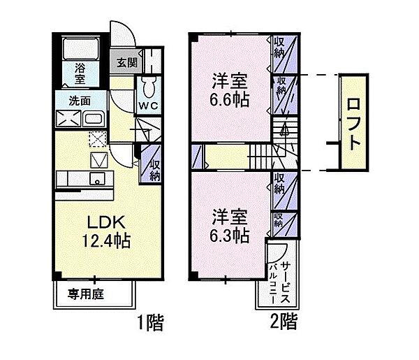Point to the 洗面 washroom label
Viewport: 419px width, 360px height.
tap(79, 101)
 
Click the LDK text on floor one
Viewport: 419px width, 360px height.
tap(106, 221)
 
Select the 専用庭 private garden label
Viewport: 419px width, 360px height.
tap(86, 294)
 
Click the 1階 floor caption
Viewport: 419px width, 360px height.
tap(150, 322)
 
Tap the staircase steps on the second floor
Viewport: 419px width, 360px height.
tap(257, 152)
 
